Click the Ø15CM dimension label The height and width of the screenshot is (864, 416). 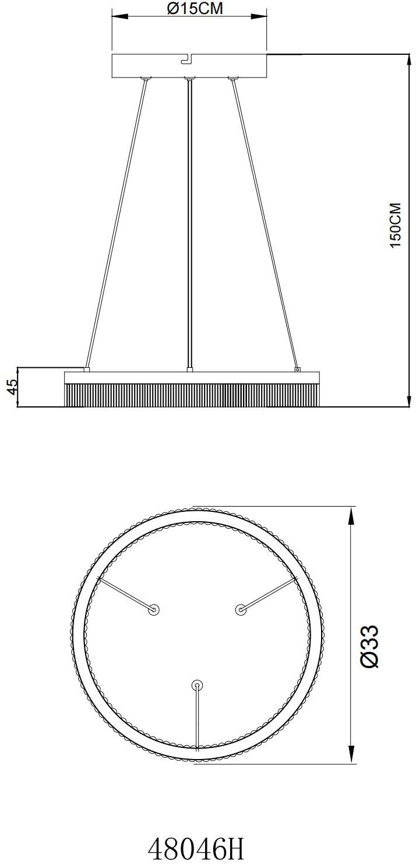195,8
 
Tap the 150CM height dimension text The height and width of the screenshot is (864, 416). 396,226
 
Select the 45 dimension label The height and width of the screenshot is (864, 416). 13,387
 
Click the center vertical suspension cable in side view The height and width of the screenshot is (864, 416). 189,224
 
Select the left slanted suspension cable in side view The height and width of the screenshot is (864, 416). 116,224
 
